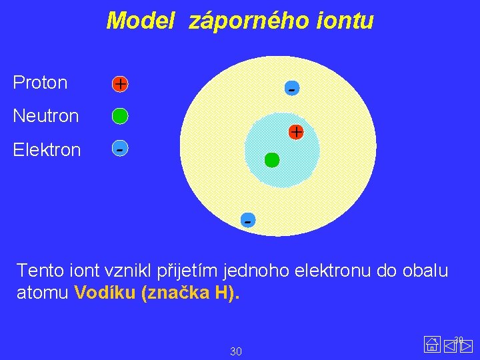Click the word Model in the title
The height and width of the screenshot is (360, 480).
141,21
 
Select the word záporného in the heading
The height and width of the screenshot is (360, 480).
248,22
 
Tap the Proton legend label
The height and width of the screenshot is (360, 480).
40,83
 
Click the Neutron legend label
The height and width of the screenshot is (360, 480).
46,116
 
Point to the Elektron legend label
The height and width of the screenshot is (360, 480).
47,149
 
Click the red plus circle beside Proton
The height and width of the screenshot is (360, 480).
120,84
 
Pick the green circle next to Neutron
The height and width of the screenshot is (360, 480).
120,117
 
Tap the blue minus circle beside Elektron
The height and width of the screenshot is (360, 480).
119,149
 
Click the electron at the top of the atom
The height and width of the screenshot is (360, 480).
291,88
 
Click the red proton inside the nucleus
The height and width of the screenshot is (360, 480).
296,132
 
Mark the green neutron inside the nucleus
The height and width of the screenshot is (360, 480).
272,160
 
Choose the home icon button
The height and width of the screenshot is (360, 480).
432,345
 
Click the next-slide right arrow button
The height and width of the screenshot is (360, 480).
466,345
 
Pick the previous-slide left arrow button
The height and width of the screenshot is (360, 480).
449,345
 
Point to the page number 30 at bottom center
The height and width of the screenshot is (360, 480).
235,351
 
